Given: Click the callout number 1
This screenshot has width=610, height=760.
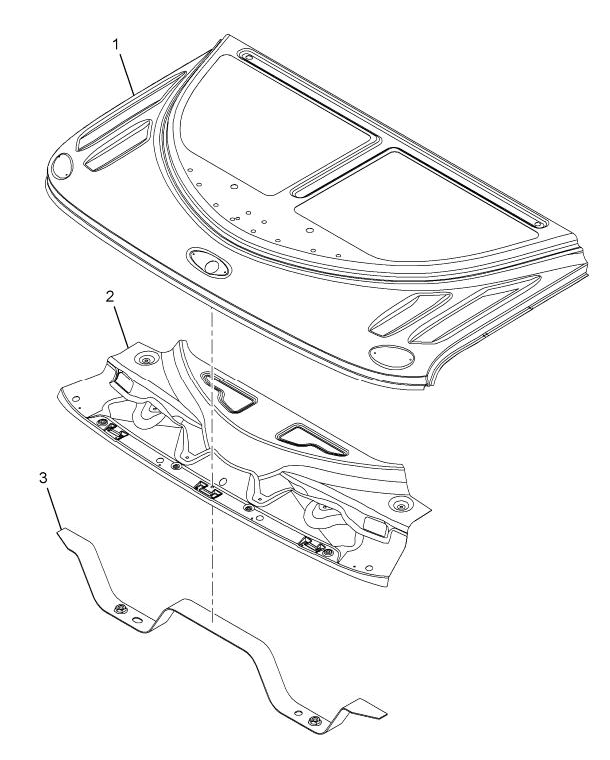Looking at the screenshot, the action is [x=115, y=44].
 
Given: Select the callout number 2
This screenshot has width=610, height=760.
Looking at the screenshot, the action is [x=110, y=297].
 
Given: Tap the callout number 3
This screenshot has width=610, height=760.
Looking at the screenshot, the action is [x=44, y=478].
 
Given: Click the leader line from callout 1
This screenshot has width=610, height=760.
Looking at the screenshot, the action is [x=126, y=73].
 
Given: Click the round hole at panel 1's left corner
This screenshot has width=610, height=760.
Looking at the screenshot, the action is [x=62, y=164].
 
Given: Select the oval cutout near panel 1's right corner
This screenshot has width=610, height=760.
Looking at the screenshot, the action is [x=392, y=356].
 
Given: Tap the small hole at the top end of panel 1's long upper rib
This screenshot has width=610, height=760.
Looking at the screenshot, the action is [x=249, y=57].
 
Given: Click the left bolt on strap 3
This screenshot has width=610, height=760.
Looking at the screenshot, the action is [x=118, y=610].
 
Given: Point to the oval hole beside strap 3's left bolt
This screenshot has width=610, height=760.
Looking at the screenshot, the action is [x=137, y=621].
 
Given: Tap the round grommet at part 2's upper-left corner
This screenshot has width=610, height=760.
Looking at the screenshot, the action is [x=145, y=360].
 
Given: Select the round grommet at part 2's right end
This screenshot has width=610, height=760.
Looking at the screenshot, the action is [x=400, y=507].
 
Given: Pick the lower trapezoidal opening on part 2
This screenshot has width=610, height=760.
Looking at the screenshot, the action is [x=312, y=440].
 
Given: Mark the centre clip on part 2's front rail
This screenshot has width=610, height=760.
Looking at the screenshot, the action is [x=208, y=489].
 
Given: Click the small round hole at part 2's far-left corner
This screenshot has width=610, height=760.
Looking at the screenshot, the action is [x=76, y=398].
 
